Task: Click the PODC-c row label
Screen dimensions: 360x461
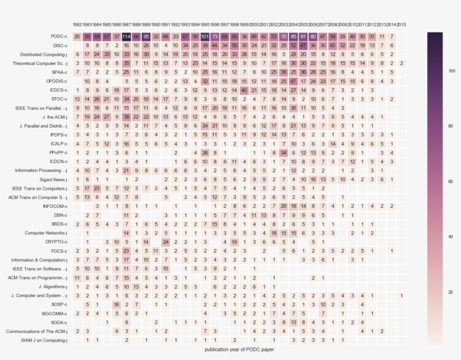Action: coord(58,37)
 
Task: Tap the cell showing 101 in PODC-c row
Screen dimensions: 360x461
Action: coord(205,37)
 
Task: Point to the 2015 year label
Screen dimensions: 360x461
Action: coord(401,25)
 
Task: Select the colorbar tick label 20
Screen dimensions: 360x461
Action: coord(450,293)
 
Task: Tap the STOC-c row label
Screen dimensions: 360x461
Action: coord(58,99)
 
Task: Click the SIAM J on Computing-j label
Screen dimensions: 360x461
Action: coord(44,340)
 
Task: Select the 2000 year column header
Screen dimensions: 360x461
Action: coord(254,25)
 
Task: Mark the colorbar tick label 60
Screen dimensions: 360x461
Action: coord(450,182)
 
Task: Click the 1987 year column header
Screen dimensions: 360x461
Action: coord(126,25)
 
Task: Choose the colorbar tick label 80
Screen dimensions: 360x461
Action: coord(450,126)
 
